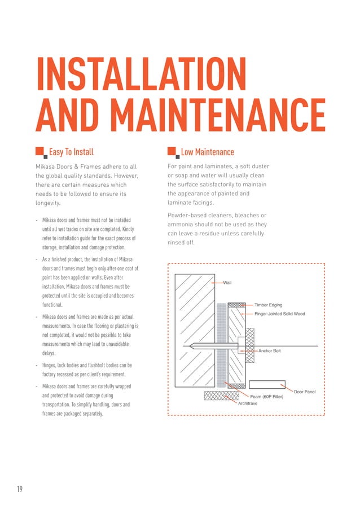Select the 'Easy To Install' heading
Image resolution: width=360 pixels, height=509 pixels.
(71, 152)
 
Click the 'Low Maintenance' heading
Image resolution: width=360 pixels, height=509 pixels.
(207, 152)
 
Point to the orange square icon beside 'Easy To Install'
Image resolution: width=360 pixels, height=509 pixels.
(40, 151)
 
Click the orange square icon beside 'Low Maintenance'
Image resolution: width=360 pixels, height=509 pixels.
(172, 151)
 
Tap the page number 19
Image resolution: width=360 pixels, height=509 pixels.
(20, 489)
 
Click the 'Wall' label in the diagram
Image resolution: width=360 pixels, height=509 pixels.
(227, 282)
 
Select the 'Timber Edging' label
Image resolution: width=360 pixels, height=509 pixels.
(268, 305)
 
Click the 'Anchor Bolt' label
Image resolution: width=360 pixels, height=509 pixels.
(269, 350)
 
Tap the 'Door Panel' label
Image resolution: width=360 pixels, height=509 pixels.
(305, 391)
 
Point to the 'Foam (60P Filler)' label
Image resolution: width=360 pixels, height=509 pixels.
(266, 396)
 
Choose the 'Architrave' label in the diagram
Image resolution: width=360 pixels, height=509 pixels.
(248, 403)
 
